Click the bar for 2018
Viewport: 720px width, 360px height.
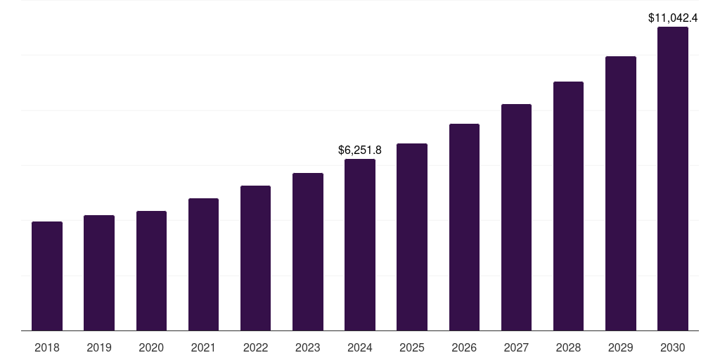[x=47, y=276]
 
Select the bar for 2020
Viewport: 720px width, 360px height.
[x=151, y=271]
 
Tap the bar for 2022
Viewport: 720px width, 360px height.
[x=255, y=258]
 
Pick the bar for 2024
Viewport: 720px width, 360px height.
[x=360, y=245]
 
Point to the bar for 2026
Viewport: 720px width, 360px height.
[x=464, y=227]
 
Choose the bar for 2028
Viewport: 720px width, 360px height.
[x=568, y=206]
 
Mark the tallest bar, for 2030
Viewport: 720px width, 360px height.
[x=672, y=179]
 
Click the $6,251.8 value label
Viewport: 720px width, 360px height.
[x=360, y=150]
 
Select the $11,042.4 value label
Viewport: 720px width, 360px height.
[x=672, y=18]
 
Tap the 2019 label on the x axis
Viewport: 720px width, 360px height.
[x=99, y=347]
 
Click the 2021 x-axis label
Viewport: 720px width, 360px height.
[x=203, y=347]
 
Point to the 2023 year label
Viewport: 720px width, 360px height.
[x=307, y=347]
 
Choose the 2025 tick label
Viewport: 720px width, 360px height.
[x=412, y=347]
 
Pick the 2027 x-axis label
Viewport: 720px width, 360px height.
[x=516, y=347]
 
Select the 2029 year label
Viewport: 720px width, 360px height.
[x=620, y=347]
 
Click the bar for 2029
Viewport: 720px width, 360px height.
[x=620, y=193]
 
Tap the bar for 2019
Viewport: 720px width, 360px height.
[x=99, y=273]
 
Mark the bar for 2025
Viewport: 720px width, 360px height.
[x=412, y=237]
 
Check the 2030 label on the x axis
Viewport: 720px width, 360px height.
[x=672, y=347]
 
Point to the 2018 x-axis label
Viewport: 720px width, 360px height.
[x=47, y=347]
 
